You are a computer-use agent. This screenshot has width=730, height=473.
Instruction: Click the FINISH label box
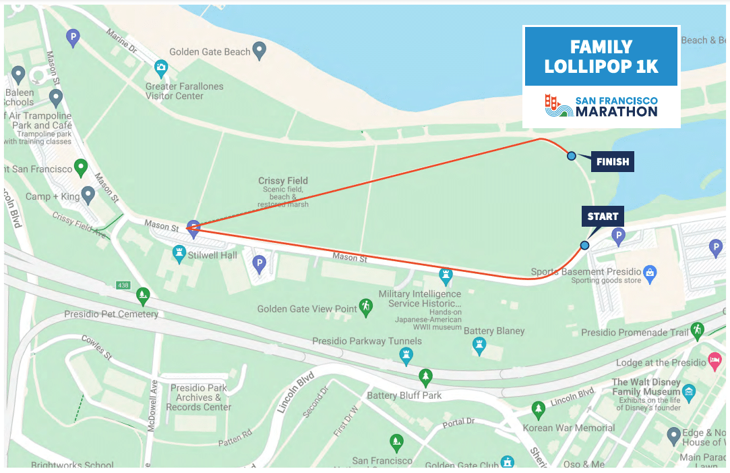click(612, 162)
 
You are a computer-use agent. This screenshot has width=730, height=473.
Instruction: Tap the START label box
click(603, 217)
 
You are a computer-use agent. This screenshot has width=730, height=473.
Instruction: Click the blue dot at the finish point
click(572, 156)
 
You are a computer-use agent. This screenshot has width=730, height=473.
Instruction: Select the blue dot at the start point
click(584, 245)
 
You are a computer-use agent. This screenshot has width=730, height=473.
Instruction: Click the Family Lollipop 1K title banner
click(601, 57)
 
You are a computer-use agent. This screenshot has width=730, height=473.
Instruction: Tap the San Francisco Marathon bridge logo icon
click(557, 105)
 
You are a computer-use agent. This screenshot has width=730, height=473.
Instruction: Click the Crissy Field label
click(283, 180)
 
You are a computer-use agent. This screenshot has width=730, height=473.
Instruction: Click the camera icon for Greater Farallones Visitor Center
click(160, 67)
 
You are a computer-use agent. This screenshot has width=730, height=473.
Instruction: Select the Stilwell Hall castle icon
click(179, 253)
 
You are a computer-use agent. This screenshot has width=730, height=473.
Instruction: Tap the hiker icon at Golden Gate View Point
click(365, 307)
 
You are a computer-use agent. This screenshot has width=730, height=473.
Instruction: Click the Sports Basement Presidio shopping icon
click(649, 273)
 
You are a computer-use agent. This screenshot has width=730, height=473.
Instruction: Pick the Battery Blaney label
click(494, 331)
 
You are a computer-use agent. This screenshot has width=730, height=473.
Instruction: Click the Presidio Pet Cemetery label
click(111, 314)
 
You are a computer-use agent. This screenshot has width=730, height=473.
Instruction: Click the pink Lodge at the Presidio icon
click(714, 361)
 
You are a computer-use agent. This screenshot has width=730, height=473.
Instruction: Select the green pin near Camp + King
click(82, 167)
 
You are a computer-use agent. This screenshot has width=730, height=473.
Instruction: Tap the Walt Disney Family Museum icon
click(688, 391)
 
